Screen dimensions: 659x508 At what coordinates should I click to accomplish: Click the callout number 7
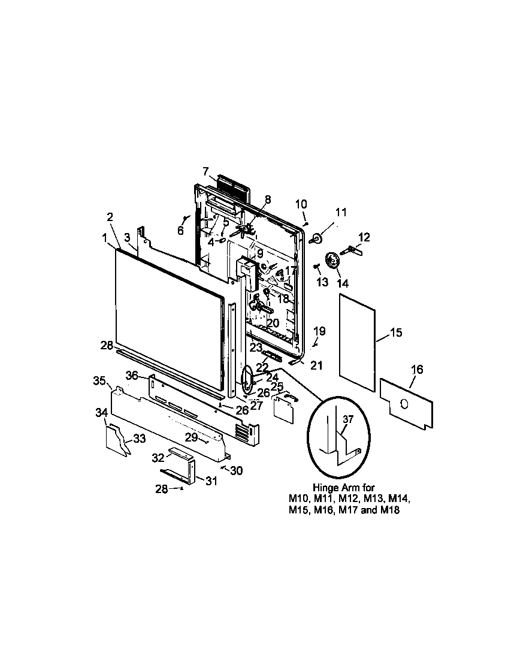pos(205,171)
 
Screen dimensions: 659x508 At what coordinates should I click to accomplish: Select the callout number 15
pos(397,332)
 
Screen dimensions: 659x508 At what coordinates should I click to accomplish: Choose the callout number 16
pos(417,370)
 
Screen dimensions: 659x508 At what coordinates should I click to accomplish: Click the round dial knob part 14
pos(332,262)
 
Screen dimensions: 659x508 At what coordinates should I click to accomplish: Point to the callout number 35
pos(99,380)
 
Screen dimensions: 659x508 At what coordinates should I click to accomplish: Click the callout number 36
pos(132,375)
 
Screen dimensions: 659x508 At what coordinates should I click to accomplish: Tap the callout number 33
pos(139,439)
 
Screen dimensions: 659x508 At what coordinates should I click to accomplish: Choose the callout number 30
pos(236,471)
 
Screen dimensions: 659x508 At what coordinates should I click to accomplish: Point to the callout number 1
pos(105,238)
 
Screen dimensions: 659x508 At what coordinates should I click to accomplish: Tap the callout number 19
pos(319,331)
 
